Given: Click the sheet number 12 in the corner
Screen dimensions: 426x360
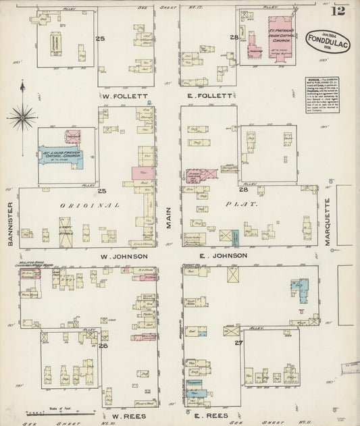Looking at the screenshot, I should [x=338, y=10].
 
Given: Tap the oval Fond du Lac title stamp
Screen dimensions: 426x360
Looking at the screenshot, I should [x=327, y=41].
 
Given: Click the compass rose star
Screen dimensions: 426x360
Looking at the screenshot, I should [x=22, y=116].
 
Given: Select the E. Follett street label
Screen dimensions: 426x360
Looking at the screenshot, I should [x=209, y=96].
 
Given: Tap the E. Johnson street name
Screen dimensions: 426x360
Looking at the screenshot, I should [x=211, y=256].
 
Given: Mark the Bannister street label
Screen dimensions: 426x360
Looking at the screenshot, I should [x=11, y=223].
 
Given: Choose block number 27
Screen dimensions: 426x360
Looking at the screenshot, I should [x=238, y=343].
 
